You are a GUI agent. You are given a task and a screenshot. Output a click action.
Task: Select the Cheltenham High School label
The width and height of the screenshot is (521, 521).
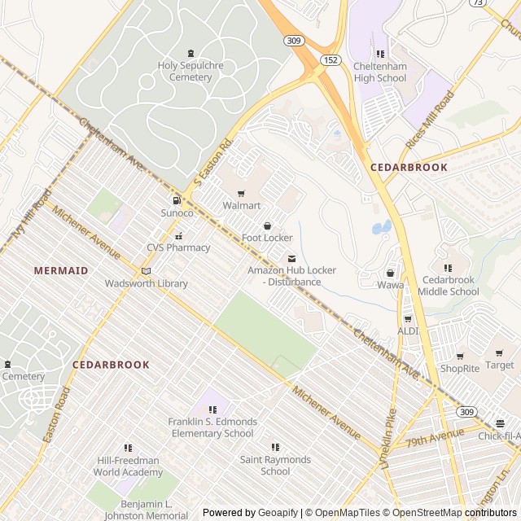[x=379, y=72]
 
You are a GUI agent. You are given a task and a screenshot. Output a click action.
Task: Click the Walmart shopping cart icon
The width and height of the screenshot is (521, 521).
[x=241, y=194]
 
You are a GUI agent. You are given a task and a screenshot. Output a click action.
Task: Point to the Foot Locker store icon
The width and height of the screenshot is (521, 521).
[x=267, y=225]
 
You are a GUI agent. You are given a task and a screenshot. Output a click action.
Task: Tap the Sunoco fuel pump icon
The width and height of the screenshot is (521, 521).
[x=176, y=201]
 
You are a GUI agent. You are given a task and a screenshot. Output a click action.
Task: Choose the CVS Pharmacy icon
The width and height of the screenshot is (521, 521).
[x=178, y=236]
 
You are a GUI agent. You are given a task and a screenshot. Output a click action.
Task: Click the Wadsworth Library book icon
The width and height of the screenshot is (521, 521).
[x=147, y=271]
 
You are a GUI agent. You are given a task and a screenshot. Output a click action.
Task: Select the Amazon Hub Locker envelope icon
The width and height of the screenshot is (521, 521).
[x=291, y=258]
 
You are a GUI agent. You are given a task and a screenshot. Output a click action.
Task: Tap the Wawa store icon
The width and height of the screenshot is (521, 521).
[x=390, y=273]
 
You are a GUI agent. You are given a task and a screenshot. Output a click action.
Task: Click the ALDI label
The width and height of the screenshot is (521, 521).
[x=408, y=331]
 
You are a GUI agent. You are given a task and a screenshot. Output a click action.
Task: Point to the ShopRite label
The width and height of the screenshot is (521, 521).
[x=460, y=368]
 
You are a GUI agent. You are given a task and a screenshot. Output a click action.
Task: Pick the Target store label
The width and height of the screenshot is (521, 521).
[x=500, y=365]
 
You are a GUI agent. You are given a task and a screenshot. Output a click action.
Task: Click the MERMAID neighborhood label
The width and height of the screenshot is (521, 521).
[x=61, y=269]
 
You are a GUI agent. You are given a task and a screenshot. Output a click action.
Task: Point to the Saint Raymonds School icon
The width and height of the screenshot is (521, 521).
[x=275, y=447]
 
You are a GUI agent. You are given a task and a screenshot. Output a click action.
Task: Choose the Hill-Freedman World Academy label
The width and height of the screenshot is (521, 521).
[x=128, y=466]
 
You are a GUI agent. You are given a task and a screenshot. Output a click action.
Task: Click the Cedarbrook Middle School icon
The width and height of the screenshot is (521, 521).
[x=448, y=268]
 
